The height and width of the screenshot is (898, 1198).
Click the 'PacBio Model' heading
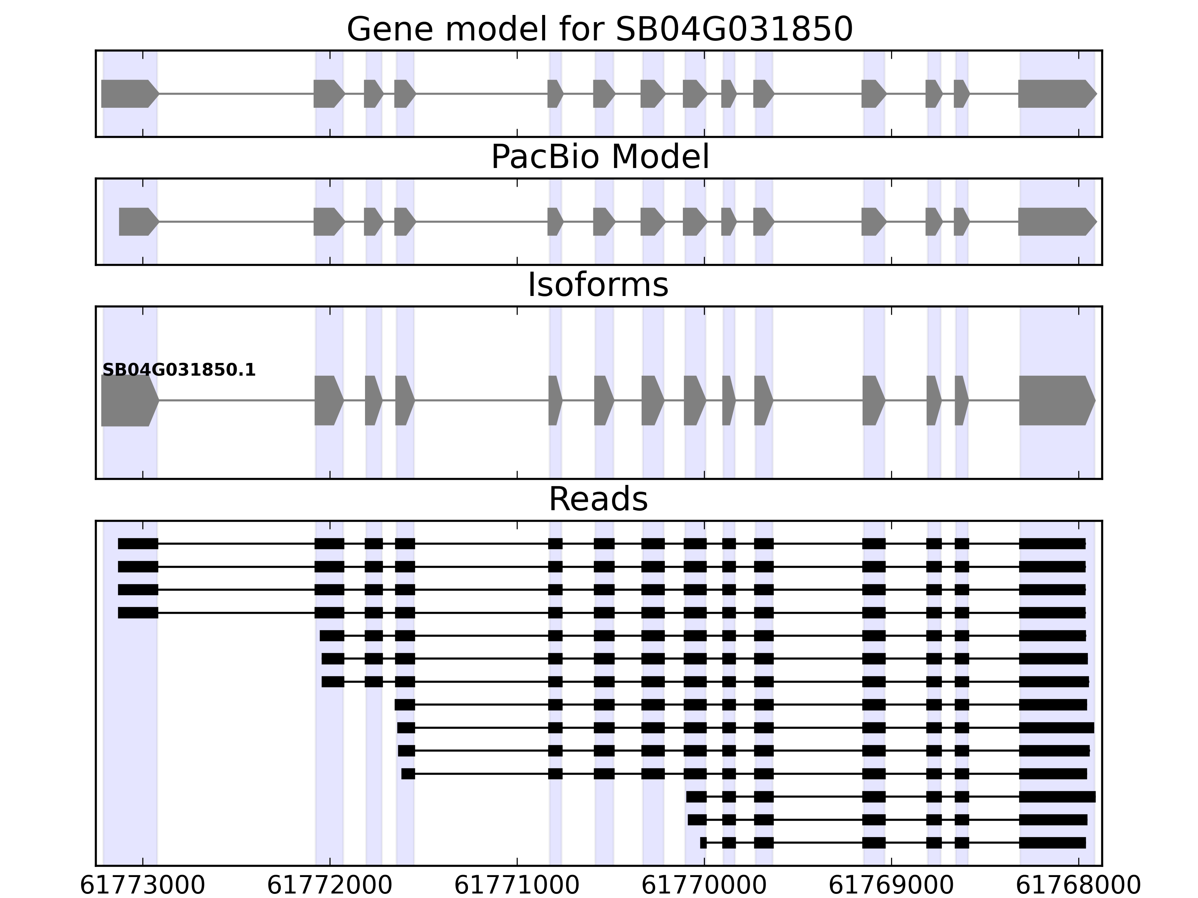[599, 158]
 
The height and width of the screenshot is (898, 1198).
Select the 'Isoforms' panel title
[598, 285]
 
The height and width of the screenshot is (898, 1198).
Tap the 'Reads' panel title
[598, 499]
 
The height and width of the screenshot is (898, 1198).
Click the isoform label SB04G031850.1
[179, 370]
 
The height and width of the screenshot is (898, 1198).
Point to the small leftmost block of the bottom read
[703, 843]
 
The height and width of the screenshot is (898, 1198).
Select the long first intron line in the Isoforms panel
[237, 401]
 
